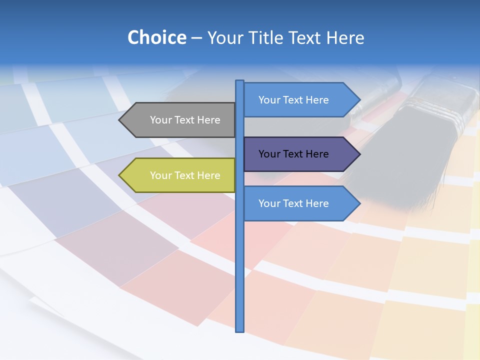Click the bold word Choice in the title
(156, 38)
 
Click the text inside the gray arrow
(185, 120)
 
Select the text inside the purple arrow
(293, 154)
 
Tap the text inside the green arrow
(185, 175)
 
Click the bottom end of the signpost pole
(240, 330)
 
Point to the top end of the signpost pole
(240, 81)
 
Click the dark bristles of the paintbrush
(400, 160)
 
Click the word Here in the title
(345, 38)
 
